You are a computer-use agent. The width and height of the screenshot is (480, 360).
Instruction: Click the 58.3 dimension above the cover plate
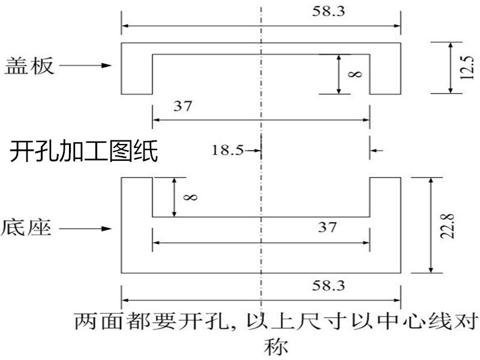(333, 12)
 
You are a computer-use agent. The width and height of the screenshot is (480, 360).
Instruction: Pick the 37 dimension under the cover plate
(182, 107)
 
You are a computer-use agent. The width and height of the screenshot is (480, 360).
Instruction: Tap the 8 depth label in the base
(190, 197)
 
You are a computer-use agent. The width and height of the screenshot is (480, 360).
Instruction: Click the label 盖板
(29, 65)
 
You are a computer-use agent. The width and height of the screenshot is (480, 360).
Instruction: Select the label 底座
(29, 228)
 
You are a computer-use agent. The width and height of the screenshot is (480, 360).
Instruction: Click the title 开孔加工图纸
(84, 152)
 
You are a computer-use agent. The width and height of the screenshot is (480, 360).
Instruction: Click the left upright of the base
(137, 198)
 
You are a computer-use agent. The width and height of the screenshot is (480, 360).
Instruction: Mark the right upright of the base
(385, 198)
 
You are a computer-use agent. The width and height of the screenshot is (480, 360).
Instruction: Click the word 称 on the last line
(275, 346)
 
